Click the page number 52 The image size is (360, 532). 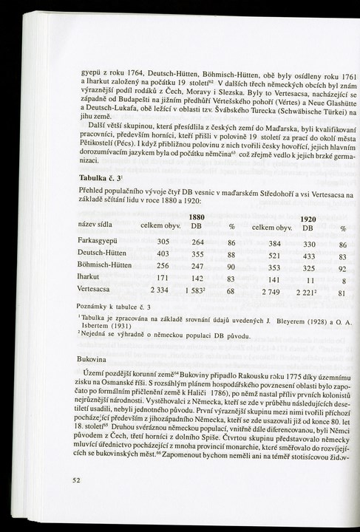76,479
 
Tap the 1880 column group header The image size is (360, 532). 197,217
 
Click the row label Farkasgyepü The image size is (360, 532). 101,242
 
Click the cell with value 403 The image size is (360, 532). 163,254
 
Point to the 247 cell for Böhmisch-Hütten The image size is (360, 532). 197,267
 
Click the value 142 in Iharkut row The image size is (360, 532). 197,279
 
